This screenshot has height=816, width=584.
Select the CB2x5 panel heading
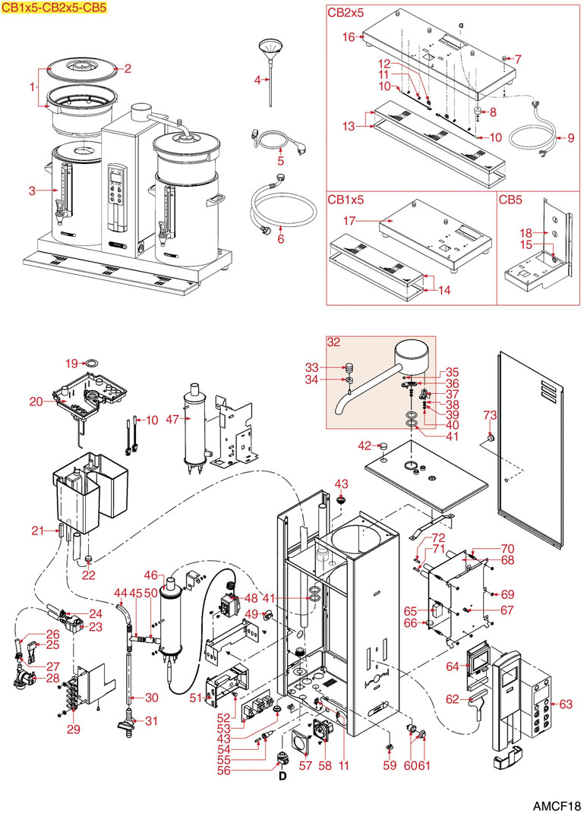pos(345,12)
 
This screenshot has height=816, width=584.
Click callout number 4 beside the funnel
pos(257,79)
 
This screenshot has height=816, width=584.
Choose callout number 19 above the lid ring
pos(71,362)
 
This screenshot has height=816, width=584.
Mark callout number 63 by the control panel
pos(565,704)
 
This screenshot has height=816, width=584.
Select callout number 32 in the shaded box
pos(334,342)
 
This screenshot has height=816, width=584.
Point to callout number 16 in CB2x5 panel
pos(349,36)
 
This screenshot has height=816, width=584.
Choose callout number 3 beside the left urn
pos(33,191)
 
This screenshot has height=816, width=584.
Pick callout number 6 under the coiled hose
pos(280,238)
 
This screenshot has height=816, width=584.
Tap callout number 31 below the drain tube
pos(152,721)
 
